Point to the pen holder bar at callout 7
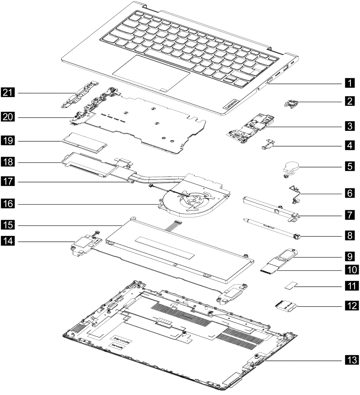(271, 206)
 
